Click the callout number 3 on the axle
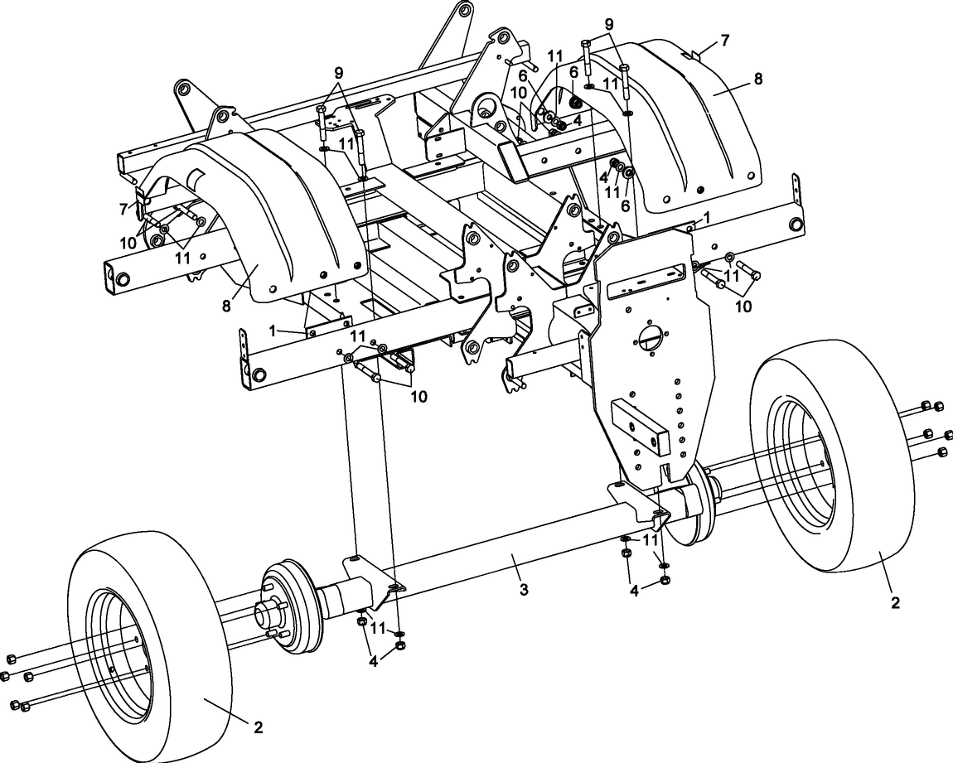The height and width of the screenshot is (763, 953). [523, 589]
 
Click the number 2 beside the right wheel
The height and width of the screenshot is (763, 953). [895, 602]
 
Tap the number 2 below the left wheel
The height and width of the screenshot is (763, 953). [259, 727]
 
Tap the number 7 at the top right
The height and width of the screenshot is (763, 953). [725, 40]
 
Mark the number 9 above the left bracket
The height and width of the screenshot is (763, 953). [339, 72]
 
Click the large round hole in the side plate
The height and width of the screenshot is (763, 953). [651, 339]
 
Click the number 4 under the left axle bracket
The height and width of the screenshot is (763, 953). [374, 662]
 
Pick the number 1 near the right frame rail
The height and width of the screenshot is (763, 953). [706, 217]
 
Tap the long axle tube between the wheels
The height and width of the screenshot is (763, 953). [497, 563]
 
